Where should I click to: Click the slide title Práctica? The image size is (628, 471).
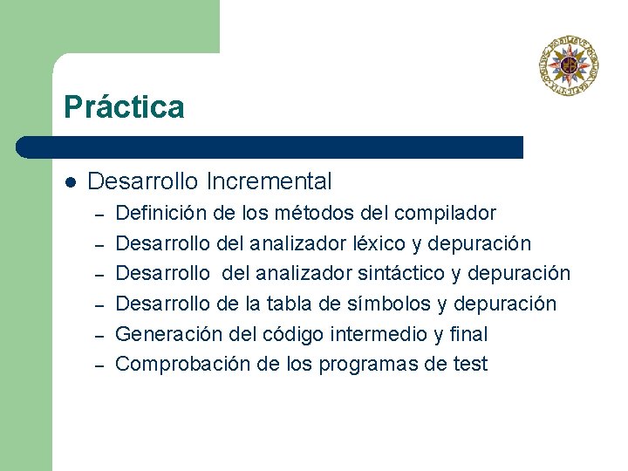point(124,107)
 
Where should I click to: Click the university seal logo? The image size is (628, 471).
point(568,64)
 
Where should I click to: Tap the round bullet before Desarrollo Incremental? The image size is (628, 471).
point(71,182)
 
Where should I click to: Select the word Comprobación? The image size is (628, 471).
point(171,365)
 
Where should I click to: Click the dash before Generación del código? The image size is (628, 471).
point(99,335)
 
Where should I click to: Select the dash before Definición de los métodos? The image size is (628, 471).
point(99,214)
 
